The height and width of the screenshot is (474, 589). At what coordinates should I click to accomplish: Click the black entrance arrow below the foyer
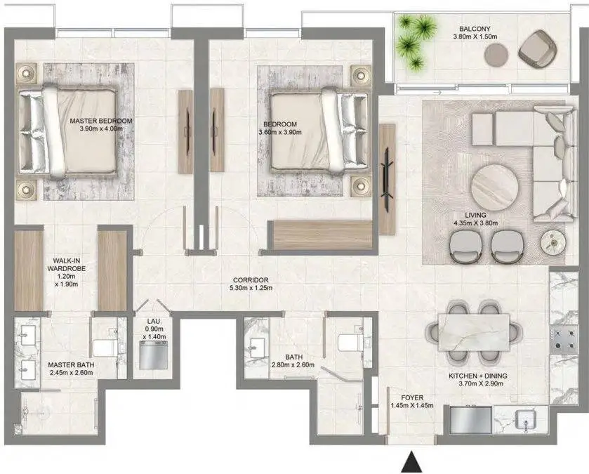411,462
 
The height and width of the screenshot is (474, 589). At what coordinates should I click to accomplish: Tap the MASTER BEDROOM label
101,121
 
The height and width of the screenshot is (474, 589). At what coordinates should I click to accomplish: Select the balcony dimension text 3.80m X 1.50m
475,37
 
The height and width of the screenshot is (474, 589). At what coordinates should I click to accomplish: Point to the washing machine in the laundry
153,355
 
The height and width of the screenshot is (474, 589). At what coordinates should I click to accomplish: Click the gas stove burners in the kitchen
564,339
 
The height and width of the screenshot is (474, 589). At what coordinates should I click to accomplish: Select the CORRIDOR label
251,280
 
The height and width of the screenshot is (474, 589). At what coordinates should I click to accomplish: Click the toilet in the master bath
107,348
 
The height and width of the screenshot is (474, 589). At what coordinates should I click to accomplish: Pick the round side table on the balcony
496,55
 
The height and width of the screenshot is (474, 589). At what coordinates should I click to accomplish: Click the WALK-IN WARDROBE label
67,265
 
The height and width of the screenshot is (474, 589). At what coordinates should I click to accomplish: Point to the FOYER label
412,397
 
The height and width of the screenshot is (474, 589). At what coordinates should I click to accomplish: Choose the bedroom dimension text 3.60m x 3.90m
280,132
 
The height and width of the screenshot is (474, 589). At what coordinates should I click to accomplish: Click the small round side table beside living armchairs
553,243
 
